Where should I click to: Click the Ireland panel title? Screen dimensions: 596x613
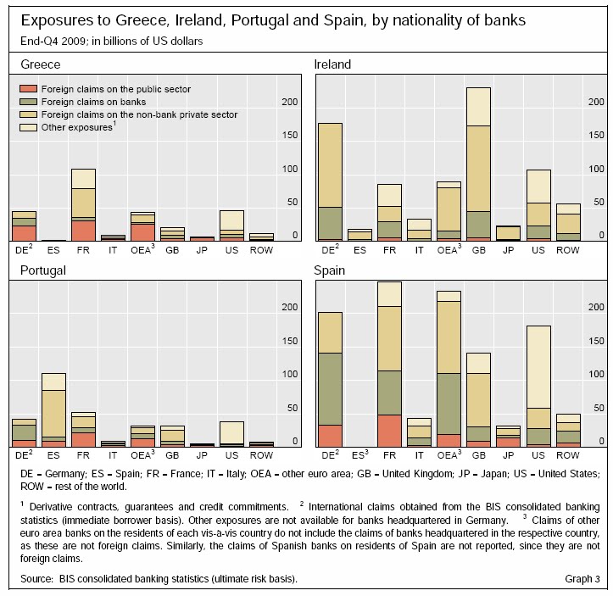(332, 64)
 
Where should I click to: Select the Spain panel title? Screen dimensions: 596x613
(330, 270)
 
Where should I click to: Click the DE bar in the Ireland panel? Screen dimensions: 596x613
(330, 182)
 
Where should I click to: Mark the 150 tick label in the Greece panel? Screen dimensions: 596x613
(288, 135)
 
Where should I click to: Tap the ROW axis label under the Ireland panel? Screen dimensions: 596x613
(567, 251)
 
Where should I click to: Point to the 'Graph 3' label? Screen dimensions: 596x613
(582, 579)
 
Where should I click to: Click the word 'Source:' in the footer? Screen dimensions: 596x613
(35, 579)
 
